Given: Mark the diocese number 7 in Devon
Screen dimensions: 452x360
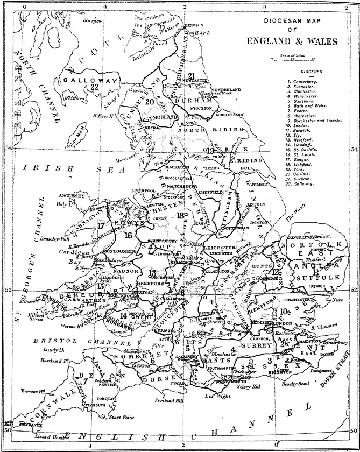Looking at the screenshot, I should click(x=85, y=380).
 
